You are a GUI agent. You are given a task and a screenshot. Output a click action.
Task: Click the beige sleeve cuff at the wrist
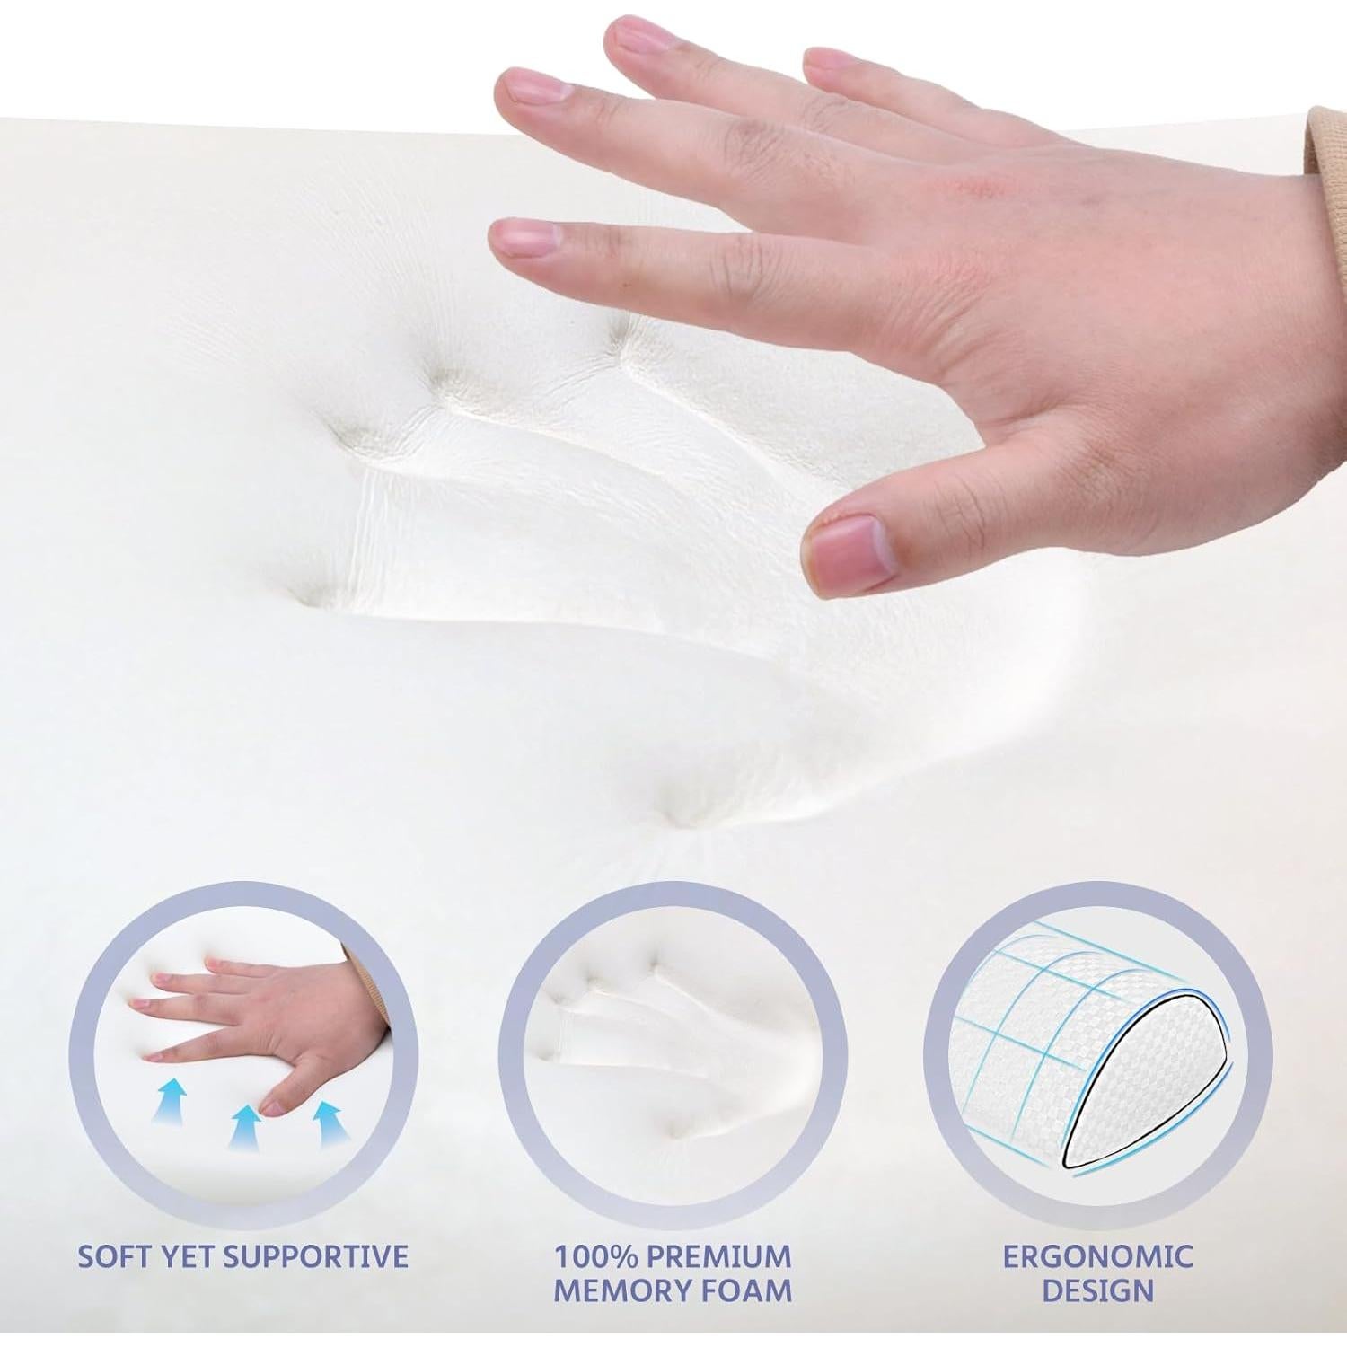pyautogui.click(x=1327, y=144)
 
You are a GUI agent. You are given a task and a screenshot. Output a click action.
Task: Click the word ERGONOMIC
pyautogui.click(x=1098, y=1255)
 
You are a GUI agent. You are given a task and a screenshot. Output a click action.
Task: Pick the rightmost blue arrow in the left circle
pyautogui.click(x=329, y=1123)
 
